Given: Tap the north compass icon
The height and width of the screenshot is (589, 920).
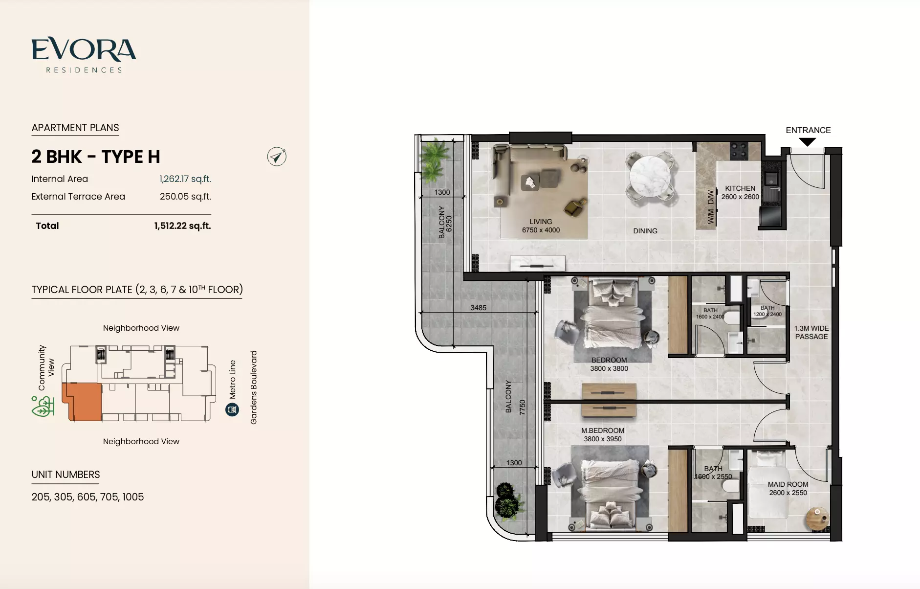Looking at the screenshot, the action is click(x=277, y=157).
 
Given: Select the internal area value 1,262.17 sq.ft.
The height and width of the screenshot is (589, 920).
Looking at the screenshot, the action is click(x=185, y=179).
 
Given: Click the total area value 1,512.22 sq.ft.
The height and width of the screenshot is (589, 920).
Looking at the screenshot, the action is click(x=182, y=226).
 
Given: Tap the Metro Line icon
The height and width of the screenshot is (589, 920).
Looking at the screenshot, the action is click(x=232, y=409).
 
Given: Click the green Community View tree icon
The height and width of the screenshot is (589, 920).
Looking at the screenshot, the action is click(x=43, y=407).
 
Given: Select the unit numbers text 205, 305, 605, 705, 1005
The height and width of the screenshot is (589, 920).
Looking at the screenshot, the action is click(x=88, y=497).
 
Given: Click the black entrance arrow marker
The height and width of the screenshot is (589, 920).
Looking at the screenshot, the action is click(x=808, y=142).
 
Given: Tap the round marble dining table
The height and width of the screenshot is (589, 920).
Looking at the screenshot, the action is click(x=650, y=176).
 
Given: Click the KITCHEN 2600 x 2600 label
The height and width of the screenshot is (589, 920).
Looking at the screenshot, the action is click(x=740, y=192).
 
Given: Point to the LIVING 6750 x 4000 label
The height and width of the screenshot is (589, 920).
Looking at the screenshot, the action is click(x=541, y=226).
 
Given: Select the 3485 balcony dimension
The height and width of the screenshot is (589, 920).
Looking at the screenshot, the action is click(x=478, y=308).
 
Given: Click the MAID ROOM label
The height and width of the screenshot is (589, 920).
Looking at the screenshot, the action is click(x=788, y=484).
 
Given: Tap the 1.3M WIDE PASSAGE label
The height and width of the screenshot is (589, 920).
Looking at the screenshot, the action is click(x=811, y=332).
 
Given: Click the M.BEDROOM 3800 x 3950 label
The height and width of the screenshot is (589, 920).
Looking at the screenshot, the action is click(x=603, y=434).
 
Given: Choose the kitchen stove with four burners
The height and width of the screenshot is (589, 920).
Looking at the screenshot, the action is click(x=738, y=151).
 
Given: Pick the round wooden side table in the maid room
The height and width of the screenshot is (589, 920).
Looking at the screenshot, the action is click(x=817, y=519).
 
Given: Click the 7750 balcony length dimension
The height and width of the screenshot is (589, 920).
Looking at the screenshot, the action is click(x=522, y=407).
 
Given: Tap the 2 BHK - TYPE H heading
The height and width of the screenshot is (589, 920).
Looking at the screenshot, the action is click(x=96, y=157).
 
